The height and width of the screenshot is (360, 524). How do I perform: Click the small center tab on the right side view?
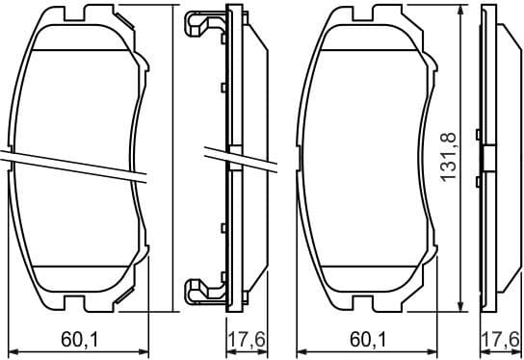coord(487,157)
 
